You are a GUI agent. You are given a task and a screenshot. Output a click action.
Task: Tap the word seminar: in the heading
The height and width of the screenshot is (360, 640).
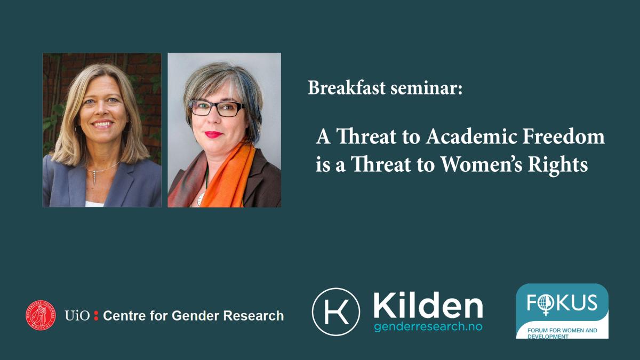[x=426, y=88]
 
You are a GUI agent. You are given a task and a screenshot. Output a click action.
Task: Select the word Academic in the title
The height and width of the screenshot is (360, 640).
[x=471, y=137]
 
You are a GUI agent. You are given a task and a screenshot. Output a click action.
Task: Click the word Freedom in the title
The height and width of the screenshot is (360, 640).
[x=563, y=137]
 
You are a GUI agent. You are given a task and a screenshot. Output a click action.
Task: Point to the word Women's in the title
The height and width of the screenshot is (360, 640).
[x=482, y=164]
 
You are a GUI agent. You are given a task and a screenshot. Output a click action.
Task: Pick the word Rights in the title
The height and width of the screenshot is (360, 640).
[x=558, y=166]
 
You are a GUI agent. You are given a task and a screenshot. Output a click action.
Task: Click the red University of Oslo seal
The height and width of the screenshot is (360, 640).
[x=41, y=315]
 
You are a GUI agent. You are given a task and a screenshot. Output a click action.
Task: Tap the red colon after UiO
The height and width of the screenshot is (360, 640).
[x=96, y=315]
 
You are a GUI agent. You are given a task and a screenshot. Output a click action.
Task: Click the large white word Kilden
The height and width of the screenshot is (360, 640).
[x=428, y=307]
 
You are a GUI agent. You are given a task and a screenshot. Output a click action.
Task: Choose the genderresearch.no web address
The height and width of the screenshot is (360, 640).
[x=428, y=326]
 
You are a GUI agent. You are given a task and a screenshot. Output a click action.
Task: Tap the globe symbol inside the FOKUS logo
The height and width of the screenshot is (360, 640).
[x=546, y=303]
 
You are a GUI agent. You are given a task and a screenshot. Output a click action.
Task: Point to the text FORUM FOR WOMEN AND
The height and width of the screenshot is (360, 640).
[x=562, y=330]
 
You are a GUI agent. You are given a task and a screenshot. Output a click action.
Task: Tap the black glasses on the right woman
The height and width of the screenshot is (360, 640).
[x=217, y=108]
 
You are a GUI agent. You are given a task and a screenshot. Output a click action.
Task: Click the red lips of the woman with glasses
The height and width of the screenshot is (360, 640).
[x=213, y=134]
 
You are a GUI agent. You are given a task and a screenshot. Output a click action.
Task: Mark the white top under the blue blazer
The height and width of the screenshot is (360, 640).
[x=94, y=204]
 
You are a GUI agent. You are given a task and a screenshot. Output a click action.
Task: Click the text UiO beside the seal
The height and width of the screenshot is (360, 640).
[x=77, y=316]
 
